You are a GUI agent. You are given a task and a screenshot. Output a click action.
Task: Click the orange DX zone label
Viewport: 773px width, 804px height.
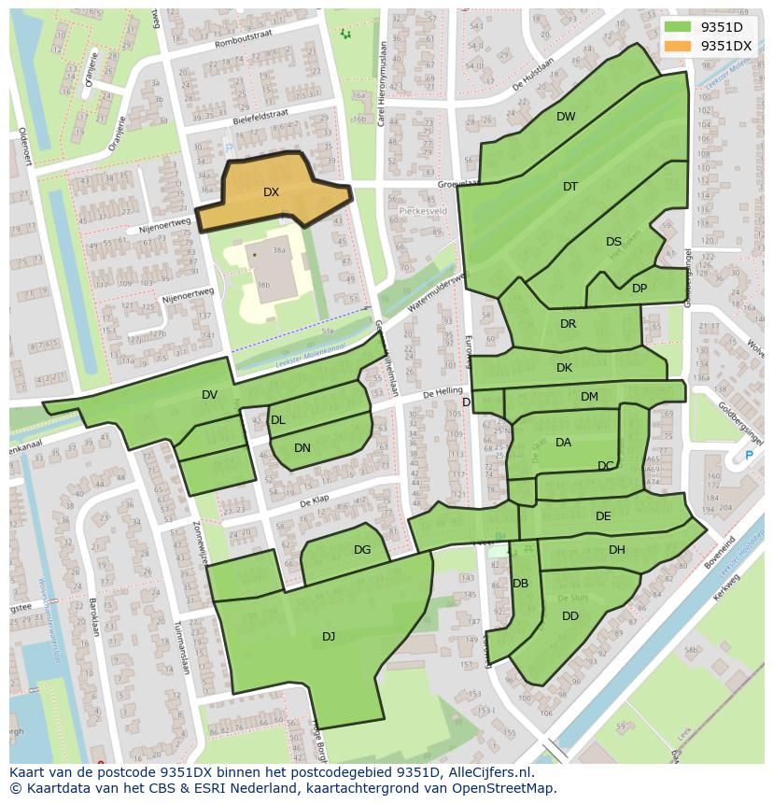(271, 192)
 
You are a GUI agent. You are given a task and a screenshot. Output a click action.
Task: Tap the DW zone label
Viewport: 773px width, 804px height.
(566, 117)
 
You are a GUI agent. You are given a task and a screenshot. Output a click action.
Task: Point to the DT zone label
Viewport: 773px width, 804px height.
(570, 187)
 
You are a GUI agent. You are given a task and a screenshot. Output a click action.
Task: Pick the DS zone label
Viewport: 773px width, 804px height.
(613, 242)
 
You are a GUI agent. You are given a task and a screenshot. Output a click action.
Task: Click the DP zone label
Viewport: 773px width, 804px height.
(639, 289)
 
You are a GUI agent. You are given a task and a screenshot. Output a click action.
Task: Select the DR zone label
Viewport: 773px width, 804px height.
(569, 324)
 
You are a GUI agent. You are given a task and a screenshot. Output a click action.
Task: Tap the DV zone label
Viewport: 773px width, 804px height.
(209, 395)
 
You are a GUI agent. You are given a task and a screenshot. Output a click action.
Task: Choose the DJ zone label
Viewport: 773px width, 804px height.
(329, 637)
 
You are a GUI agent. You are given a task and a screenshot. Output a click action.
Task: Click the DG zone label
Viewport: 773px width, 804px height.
(362, 550)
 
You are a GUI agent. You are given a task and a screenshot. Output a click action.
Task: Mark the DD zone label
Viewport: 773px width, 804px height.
(570, 616)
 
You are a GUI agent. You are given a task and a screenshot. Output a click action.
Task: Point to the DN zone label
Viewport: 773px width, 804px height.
(302, 448)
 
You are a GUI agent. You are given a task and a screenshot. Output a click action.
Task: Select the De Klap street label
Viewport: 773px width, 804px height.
(316, 502)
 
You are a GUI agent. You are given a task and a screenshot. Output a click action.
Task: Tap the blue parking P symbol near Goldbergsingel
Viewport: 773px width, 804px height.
(749, 456)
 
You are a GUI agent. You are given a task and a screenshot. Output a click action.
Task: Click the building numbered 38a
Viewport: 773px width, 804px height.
(277, 251)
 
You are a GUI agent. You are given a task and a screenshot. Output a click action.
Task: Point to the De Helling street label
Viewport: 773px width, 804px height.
(443, 394)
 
